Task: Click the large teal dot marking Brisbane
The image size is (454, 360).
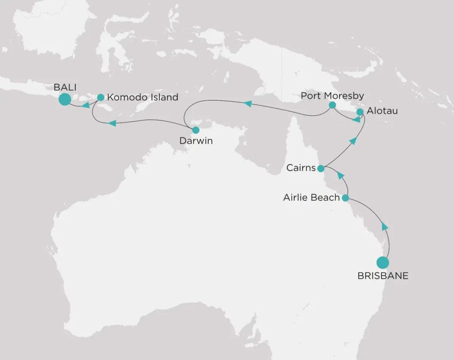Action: click(383, 262)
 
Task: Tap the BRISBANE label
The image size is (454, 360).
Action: click(383, 276)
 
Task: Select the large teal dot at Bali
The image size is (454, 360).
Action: click(65, 99)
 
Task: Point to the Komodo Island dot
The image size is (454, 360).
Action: click(101, 97)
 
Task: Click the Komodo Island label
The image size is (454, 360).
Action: click(143, 97)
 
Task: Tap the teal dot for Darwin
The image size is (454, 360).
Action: click(196, 130)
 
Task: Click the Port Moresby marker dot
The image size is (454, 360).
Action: click(332, 105)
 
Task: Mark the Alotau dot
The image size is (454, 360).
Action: click(360, 112)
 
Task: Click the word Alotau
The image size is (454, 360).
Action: click(383, 111)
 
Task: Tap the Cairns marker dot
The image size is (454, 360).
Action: click(321, 168)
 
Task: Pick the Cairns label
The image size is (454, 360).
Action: click(301, 168)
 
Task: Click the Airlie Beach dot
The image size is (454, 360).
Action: click(345, 198)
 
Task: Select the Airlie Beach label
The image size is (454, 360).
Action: click(311, 198)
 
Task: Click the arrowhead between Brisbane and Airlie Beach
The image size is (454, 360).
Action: click(385, 226)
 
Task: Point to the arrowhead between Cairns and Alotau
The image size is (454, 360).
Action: click(353, 141)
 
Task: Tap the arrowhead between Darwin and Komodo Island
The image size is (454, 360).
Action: click(113, 123)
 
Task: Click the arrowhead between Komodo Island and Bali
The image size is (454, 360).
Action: click(86, 105)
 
